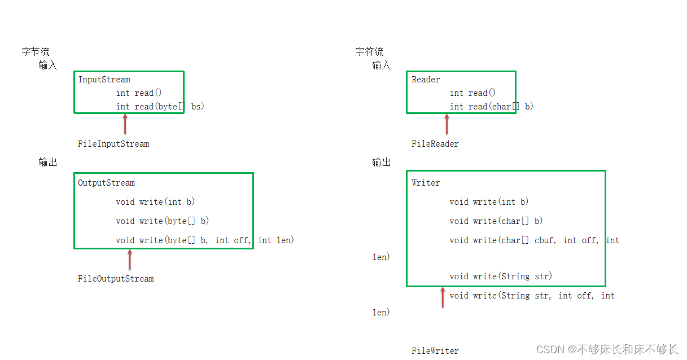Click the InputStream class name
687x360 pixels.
click(104, 80)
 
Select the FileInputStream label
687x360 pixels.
click(113, 144)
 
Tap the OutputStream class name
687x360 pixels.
click(106, 183)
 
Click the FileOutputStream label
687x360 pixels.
click(116, 279)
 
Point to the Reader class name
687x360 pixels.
click(426, 80)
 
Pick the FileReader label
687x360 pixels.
click(435, 144)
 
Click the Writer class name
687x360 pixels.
click(426, 183)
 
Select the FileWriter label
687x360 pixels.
click(435, 351)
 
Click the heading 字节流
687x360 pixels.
click(36, 52)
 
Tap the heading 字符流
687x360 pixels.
click(369, 52)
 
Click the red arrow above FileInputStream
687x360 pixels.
click(125, 124)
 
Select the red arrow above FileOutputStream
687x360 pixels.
click(130, 260)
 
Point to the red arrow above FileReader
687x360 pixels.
click(447, 124)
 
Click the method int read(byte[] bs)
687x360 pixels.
click(160, 107)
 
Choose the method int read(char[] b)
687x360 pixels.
click(491, 107)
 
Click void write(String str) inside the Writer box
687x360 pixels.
click(501, 276)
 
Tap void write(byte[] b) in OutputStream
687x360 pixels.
click(163, 221)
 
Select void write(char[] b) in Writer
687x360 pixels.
click(496, 221)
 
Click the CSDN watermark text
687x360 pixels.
click(606, 350)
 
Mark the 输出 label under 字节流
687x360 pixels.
click(48, 163)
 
